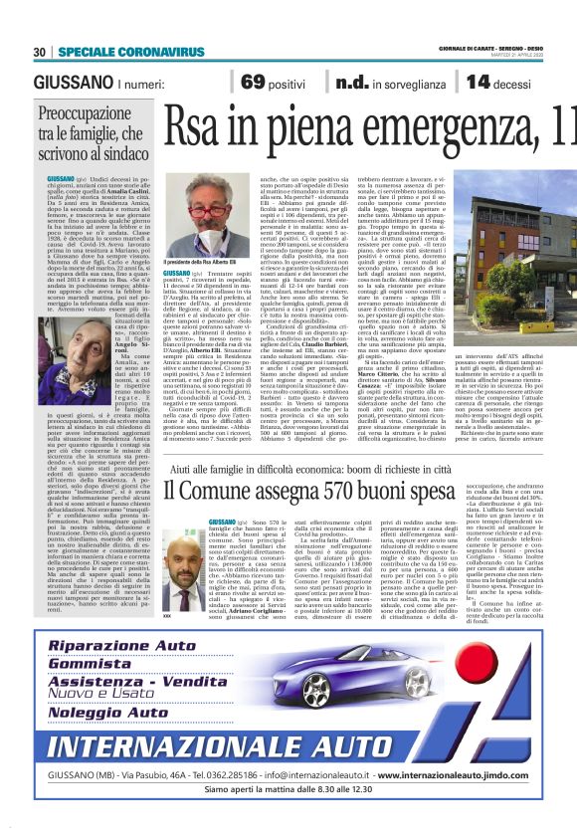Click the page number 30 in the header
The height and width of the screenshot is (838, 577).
(40, 52)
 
